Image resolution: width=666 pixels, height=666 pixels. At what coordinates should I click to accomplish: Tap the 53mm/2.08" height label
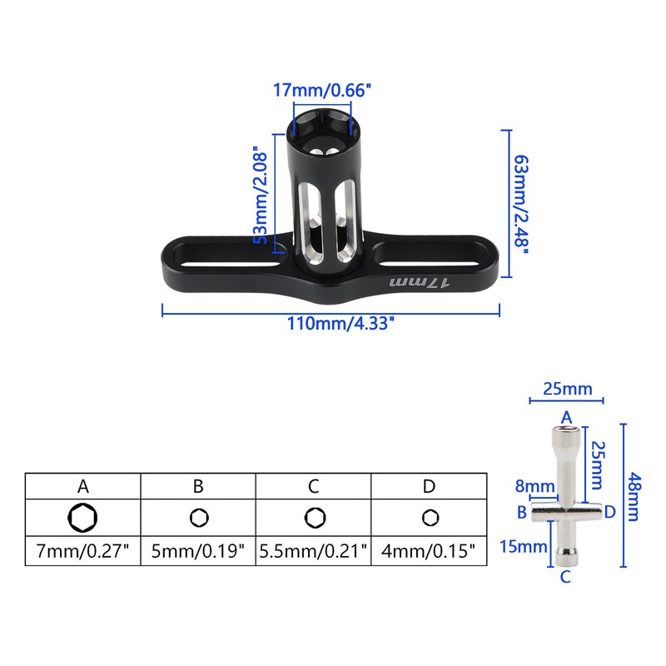pos(261,197)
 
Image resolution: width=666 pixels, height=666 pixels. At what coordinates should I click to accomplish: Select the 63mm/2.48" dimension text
pos(522,204)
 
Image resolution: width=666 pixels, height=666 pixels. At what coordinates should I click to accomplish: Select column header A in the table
pos(82,485)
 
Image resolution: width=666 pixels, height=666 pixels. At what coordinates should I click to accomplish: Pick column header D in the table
pos(428,485)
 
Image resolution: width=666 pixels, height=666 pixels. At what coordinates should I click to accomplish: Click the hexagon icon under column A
pos(82,518)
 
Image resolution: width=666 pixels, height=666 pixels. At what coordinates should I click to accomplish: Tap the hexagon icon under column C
pos(313,518)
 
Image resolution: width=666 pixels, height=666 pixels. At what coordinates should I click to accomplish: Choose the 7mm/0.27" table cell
pos(82,550)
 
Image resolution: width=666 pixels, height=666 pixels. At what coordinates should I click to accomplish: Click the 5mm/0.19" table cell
pos(198,550)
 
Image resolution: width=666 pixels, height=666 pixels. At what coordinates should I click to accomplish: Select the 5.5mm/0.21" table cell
pos(313,550)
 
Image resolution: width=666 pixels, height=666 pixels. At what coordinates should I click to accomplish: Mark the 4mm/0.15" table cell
pos(428,550)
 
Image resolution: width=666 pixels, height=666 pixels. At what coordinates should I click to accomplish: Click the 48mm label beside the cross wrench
pos(635,494)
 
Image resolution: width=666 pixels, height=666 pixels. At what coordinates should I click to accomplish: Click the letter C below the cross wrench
pos(566,575)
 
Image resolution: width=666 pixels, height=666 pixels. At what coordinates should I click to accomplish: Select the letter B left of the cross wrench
pos(522,512)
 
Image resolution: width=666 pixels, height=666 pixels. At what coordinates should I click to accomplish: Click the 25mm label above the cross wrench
pos(567,389)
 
